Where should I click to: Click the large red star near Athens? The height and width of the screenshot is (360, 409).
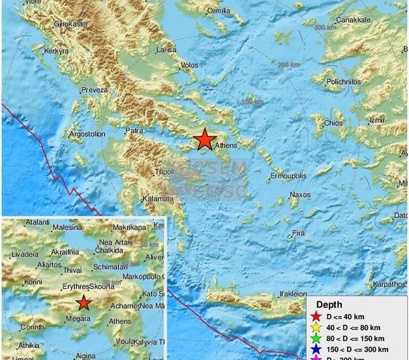(204, 140)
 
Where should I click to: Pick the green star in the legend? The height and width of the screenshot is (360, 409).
(314, 339)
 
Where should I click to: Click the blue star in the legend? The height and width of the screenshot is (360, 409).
(314, 350)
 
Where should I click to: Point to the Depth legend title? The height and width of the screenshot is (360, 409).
(329, 305)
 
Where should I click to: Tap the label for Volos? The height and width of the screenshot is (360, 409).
(190, 66)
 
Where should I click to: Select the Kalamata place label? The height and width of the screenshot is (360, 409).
(158, 199)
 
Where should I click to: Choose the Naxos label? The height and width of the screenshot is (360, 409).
(300, 195)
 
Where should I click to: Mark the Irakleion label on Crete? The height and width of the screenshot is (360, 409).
(294, 294)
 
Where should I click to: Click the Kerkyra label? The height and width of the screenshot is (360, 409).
(57, 51)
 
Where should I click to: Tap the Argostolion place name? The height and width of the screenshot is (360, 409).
(88, 134)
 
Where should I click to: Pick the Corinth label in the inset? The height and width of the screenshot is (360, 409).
(32, 327)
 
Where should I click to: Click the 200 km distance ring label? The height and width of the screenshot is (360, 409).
(288, 63)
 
